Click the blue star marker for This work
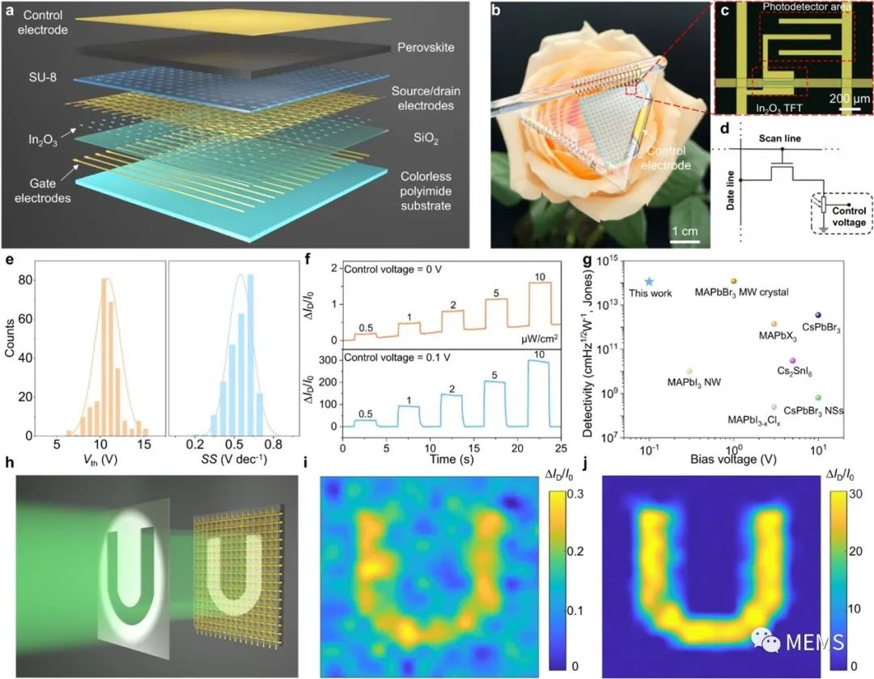pyautogui.click(x=649, y=280)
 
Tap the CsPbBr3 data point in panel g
pyautogui.click(x=818, y=315)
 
